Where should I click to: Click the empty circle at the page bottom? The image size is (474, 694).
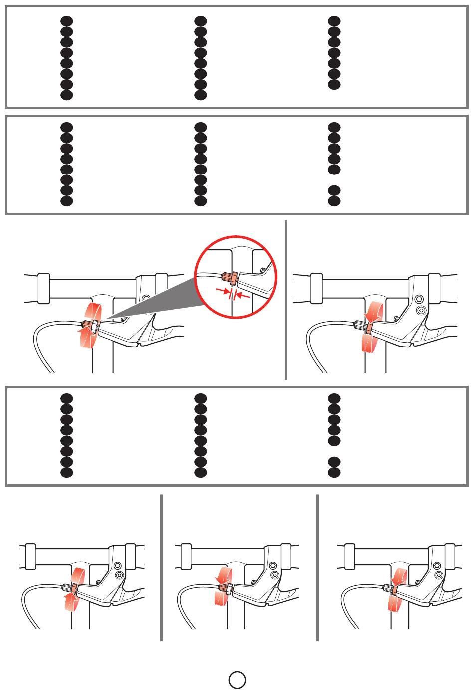click(x=237, y=679)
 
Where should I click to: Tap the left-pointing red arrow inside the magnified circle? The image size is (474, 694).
click(x=242, y=295)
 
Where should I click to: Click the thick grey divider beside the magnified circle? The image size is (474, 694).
click(x=286, y=300)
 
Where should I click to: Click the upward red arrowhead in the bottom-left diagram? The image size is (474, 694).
click(x=68, y=591)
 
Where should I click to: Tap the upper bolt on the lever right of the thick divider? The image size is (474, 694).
click(x=420, y=300)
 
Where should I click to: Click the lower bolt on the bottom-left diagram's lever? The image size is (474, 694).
click(x=119, y=575)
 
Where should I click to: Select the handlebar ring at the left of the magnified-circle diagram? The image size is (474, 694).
click(x=43, y=288)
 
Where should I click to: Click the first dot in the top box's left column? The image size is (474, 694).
click(x=67, y=21)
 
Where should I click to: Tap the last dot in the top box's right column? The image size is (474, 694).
click(x=334, y=85)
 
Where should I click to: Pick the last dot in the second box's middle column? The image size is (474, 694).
click(x=200, y=201)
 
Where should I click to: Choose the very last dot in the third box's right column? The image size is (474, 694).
click(x=334, y=472)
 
